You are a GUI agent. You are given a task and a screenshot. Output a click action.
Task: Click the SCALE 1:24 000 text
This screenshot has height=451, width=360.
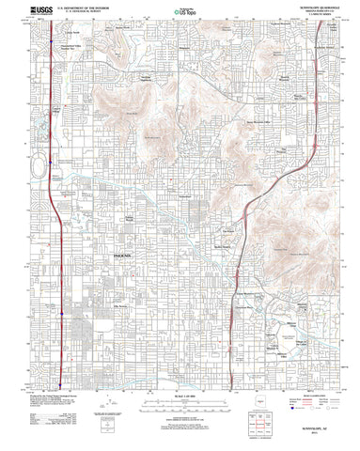179,407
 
